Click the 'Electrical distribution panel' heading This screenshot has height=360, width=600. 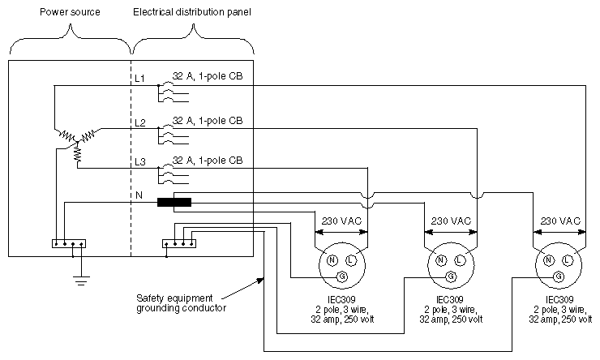pos(192,13)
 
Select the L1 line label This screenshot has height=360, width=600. pos(139,78)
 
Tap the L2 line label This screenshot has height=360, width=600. pos(139,122)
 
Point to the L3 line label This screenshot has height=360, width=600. pos(139,162)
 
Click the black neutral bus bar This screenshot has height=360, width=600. pos(174,202)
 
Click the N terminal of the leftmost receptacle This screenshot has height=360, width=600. pos(332,259)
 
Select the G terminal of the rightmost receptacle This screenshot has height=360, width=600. pos(559,276)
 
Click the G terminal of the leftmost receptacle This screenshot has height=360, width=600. pos(341,276)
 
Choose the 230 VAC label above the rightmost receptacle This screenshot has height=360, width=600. pos(559,221)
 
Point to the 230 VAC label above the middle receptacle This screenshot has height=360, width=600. pos(450,221)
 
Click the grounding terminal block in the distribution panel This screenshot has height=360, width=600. pos(178,242)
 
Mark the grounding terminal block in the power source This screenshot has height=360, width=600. pos(68,242)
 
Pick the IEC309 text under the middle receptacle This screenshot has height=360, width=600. pos(450,299)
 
